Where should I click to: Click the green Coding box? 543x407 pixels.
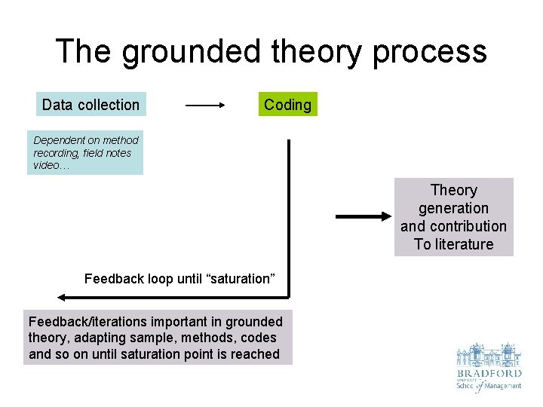287,105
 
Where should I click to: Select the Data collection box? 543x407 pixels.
90,105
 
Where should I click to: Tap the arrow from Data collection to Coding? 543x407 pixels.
206,106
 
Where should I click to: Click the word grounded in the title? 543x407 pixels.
192,52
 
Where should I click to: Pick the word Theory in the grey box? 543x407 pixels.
453,190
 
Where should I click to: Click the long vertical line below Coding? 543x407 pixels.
288,219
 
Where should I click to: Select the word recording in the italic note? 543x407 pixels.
57,153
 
